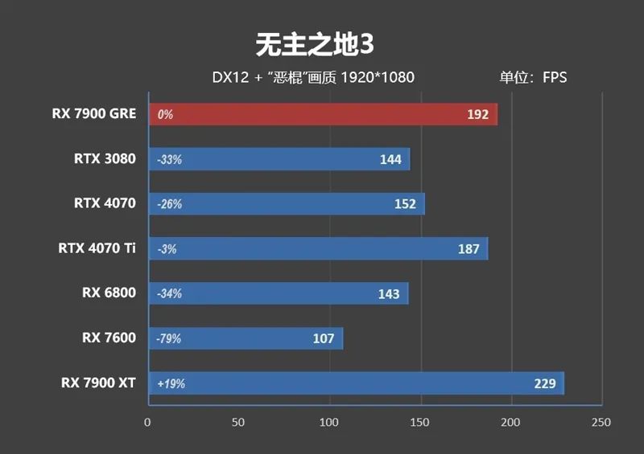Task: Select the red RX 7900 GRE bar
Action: (x=322, y=114)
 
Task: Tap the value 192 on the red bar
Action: (x=477, y=114)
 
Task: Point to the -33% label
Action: (x=170, y=160)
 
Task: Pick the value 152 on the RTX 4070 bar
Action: (x=405, y=204)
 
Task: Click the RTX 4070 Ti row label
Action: (x=97, y=247)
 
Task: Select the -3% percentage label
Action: (x=167, y=249)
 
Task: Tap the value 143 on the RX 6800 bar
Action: (x=388, y=294)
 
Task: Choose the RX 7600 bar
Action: (x=245, y=338)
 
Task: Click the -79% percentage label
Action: (x=169, y=339)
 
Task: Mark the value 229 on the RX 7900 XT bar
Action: (x=544, y=383)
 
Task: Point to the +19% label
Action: (x=171, y=384)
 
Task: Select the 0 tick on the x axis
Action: (x=147, y=422)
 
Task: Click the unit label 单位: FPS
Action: (x=532, y=78)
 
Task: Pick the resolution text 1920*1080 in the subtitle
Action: (x=377, y=78)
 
